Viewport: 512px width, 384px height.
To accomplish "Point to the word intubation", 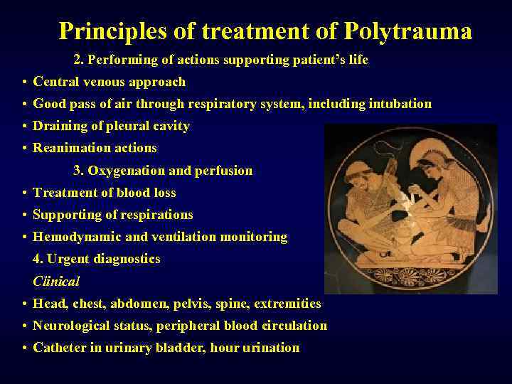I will pyautogui.click(x=400, y=104).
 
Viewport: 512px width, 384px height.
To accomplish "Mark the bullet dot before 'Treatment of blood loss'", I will pyautogui.click(x=24, y=193).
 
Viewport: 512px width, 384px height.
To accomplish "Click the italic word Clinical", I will pyautogui.click(x=56, y=281).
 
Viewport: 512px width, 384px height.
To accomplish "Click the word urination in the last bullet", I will pyautogui.click(x=270, y=348).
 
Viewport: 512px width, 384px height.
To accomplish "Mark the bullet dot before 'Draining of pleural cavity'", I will pyautogui.click(x=24, y=126).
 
